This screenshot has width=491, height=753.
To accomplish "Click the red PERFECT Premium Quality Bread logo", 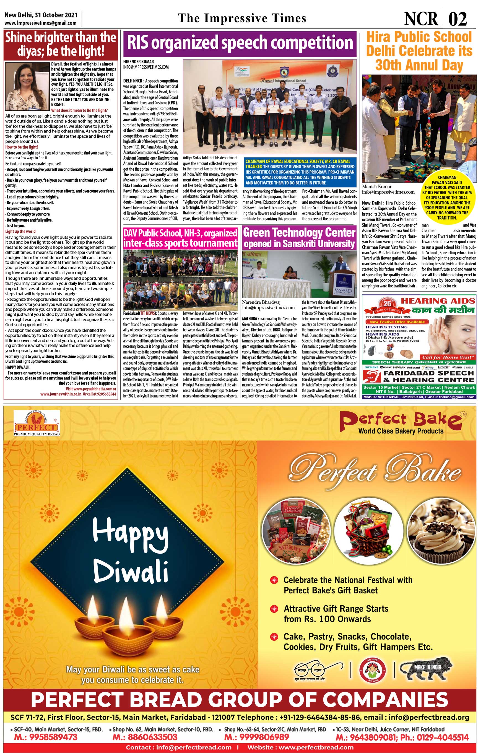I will coord(37,423).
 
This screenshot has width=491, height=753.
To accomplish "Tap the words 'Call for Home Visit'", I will coord(448,357).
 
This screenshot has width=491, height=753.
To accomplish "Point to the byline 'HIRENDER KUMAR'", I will coord(139,62).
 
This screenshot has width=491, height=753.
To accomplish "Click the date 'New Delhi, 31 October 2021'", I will coord(41,15).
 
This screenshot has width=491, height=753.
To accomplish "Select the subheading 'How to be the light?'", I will coord(22,147).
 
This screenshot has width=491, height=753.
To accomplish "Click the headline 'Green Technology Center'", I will coord(299,233).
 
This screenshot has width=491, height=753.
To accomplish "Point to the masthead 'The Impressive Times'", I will coord(242,18).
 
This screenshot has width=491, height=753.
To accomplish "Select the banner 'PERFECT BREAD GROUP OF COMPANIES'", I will coord(240,699).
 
